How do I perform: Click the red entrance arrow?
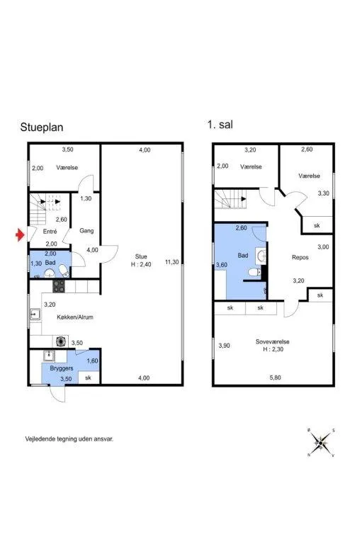pos(21,235)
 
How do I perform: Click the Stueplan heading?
pos(42,127)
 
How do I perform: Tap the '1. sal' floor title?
pos(220,125)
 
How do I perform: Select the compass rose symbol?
pos(322,443)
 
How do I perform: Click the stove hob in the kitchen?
pos(59,286)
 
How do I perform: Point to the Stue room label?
pos(141,256)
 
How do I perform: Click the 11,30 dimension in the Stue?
pos(172,262)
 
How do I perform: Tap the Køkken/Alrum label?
pos(75,317)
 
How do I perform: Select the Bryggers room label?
pos(62,368)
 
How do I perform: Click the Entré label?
pos(50,232)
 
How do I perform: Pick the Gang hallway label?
pos(86,230)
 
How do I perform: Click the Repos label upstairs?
pos(300,257)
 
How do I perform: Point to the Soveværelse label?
pos(273,341)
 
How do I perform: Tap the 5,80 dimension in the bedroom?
pos(276,378)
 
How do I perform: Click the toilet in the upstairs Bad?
pos(255,273)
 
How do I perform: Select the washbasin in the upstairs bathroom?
pos(261,256)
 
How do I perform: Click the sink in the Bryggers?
pos(49,356)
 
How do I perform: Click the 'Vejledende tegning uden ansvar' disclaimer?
pos(69,439)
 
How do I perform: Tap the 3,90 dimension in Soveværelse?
pos(224,346)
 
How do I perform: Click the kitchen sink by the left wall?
pos(35,314)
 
